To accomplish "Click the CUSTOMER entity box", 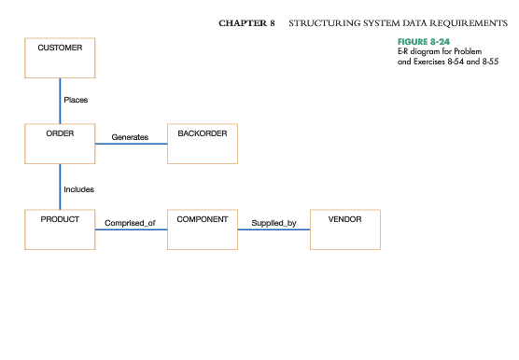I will click(x=60, y=58).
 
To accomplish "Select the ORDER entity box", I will click(x=60, y=145).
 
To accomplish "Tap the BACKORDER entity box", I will click(x=203, y=145).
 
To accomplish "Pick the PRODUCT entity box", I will click(x=60, y=229).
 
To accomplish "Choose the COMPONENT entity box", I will click(x=203, y=229).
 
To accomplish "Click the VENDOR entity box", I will click(x=345, y=229).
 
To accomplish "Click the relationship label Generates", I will click(x=130, y=137).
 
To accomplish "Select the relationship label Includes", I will click(x=78, y=188).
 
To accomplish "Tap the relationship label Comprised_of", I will click(x=130, y=223).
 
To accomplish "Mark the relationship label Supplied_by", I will click(x=274, y=223).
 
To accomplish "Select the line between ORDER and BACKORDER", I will click(x=131, y=145).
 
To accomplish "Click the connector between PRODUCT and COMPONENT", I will click(x=131, y=230).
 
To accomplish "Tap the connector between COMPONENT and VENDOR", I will click(x=274, y=230).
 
